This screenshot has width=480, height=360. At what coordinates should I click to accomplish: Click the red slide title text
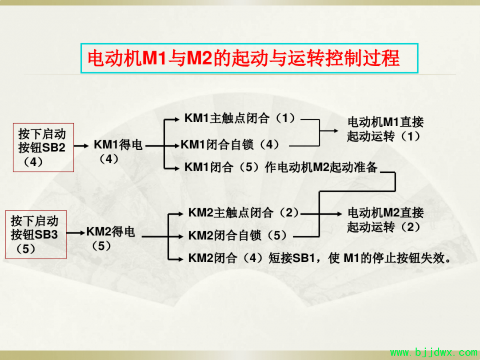[244, 58]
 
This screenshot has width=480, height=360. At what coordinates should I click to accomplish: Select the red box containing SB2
[44, 147]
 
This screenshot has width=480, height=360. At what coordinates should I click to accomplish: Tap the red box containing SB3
[36, 235]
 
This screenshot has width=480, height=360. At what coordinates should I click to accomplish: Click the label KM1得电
[118, 145]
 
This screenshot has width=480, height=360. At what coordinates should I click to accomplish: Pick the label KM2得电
[111, 232]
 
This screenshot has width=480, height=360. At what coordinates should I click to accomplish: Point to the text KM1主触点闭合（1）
[240, 118]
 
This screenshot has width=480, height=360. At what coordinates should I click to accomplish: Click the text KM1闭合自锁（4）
[231, 144]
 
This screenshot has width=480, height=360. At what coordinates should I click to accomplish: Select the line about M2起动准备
[281, 167]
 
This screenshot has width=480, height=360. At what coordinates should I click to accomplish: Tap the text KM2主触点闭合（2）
[244, 212]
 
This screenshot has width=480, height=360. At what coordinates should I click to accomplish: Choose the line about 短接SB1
[320, 258]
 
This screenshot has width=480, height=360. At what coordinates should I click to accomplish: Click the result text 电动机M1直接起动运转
[385, 129]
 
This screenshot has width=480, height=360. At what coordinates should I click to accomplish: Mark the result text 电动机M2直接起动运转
[385, 220]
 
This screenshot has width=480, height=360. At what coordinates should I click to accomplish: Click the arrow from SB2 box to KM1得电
[81, 146]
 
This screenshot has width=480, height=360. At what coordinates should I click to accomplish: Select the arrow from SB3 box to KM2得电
[76, 233]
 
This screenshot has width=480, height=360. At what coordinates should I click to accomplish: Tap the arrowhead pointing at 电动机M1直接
[336, 131]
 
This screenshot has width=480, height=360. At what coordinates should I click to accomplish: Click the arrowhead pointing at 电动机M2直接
[339, 214]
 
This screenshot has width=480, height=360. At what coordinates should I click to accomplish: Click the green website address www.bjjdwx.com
[434, 353]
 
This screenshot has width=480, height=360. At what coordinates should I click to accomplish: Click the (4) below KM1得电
[109, 159]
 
